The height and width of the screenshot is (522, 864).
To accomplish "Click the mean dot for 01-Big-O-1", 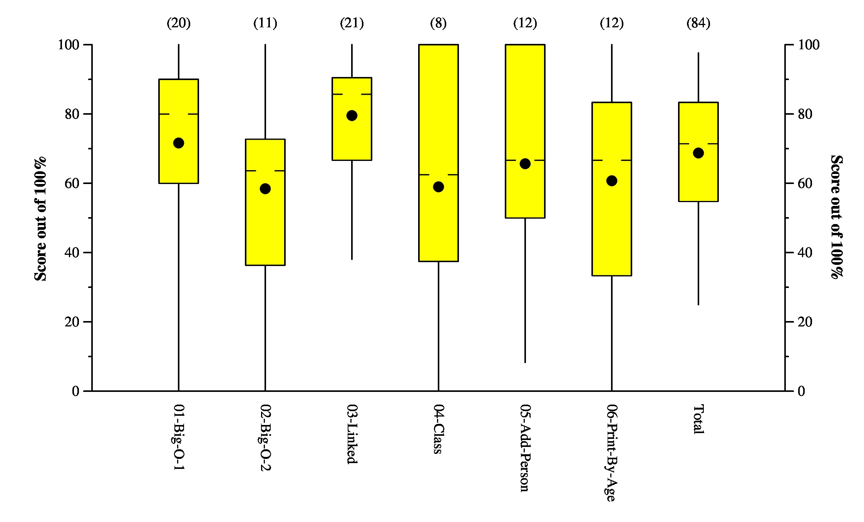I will (179, 143).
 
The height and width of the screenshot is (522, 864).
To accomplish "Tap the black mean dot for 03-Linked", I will (352, 115).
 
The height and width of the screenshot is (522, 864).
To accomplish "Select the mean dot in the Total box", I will (698, 153).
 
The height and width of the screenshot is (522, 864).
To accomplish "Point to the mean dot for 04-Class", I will (439, 187).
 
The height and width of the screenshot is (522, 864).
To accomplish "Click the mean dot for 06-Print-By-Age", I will (612, 181).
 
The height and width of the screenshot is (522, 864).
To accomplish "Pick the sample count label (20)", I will (179, 23).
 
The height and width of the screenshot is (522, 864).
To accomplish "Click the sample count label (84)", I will (698, 23).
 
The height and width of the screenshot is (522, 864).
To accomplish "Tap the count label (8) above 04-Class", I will (439, 23).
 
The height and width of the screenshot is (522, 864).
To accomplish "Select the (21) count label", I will (352, 23).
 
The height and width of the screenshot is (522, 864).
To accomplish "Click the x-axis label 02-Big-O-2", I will (265, 438).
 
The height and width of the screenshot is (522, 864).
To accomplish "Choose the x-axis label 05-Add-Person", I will (525, 448).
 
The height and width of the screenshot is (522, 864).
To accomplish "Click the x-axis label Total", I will (698, 420).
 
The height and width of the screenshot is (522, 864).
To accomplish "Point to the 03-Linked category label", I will (352, 434).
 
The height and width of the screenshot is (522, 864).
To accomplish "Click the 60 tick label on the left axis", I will (72, 183).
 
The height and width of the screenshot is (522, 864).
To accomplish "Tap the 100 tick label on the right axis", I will (809, 45).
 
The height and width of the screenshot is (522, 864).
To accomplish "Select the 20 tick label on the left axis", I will (72, 322).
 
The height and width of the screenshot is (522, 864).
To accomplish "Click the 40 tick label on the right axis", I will (805, 253).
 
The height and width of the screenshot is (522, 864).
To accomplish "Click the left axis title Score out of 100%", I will (40, 219).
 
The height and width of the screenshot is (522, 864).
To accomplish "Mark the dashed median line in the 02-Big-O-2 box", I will (265, 171).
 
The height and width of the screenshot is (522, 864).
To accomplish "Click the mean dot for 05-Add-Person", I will (525, 164).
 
